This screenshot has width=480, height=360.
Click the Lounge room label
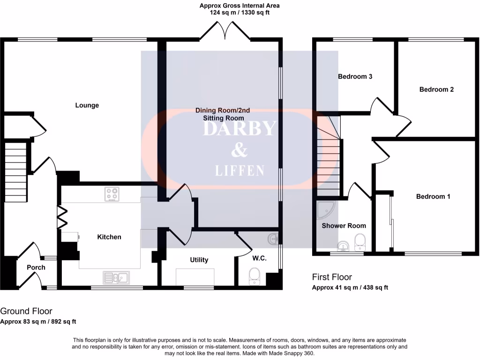click(x=87, y=105)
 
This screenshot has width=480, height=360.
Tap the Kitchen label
click(x=109, y=237)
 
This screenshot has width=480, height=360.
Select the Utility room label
click(x=199, y=260)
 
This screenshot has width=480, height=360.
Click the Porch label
click(x=36, y=267)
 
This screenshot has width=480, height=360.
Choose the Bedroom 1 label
click(x=433, y=196)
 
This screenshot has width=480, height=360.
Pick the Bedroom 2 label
click(x=436, y=89)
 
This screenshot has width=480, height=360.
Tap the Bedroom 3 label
click(x=355, y=76)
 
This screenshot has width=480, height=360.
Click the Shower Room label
click(x=344, y=225)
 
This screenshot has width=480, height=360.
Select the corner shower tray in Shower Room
click(x=325, y=210)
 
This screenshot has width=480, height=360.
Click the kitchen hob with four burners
click(x=112, y=194)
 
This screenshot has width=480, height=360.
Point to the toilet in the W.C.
click(x=254, y=275)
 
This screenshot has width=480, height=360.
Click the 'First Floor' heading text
click(x=332, y=277)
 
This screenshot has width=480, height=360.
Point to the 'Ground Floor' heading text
click(x=26, y=311)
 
